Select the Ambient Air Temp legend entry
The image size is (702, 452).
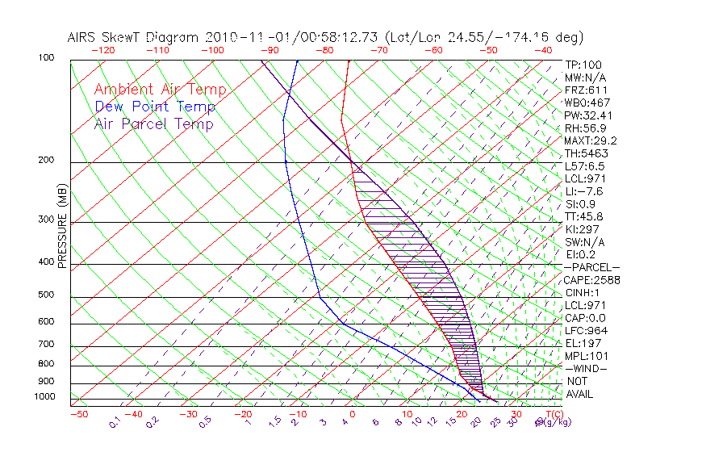click(160, 90)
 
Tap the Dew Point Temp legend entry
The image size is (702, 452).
click(155, 107)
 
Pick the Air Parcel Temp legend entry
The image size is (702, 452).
click(153, 123)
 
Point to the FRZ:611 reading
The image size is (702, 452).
click(586, 90)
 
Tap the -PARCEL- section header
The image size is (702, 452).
click(591, 267)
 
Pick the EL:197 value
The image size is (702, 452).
click(582, 343)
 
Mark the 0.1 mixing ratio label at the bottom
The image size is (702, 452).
click(115, 422)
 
